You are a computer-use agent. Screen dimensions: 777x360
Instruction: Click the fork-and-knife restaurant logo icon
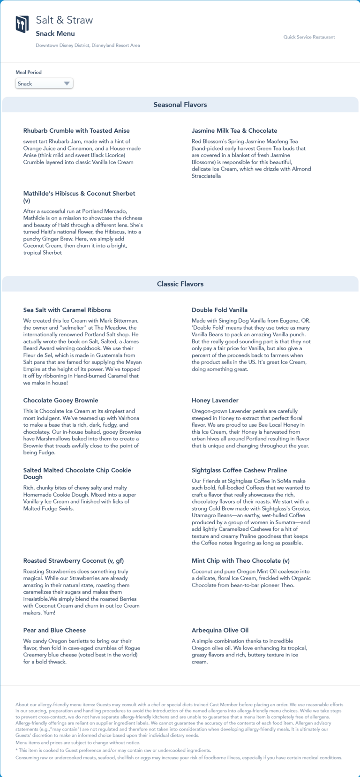pos(22,24)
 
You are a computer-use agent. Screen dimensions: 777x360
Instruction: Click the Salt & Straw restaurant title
pos(64,20)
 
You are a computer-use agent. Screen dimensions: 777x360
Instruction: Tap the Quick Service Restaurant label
pos(309,37)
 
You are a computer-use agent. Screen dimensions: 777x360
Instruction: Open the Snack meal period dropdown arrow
pos(67,83)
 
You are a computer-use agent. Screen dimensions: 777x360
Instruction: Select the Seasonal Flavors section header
pos(180,105)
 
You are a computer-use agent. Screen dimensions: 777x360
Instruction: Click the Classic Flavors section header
pos(180,284)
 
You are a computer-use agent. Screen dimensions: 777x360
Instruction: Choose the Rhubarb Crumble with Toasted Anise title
pos(76,131)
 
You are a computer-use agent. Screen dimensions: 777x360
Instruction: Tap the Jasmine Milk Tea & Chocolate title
pos(234,131)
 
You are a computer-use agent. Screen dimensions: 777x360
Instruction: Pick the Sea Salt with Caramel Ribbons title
pos(67,310)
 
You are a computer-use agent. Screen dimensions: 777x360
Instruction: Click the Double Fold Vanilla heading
pos(219,310)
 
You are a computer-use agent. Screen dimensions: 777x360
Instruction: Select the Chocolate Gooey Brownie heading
pos(61,400)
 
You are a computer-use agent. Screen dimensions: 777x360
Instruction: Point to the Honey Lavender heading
pos(215,400)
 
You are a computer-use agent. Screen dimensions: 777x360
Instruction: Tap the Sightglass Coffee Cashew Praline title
pos(239,470)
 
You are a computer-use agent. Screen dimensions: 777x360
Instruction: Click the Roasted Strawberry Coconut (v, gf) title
pos(74,561)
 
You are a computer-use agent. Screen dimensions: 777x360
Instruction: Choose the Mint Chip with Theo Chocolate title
pos(240,561)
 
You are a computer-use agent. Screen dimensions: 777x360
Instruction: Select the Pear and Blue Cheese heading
pos(55,630)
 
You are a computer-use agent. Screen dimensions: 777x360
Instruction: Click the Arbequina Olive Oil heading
pos(220,630)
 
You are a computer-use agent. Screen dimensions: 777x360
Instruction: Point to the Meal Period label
pos(29,72)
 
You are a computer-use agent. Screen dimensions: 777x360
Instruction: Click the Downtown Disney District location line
pos(88,45)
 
